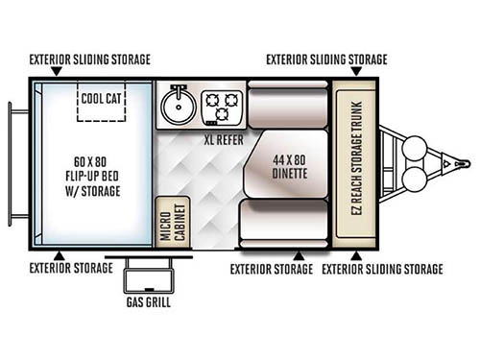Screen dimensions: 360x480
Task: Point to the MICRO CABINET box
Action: click(172, 219)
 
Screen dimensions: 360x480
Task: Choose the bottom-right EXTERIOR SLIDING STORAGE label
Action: click(382, 269)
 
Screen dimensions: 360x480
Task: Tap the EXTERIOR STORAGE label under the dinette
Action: click(271, 269)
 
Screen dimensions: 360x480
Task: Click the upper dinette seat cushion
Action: click(288, 98)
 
